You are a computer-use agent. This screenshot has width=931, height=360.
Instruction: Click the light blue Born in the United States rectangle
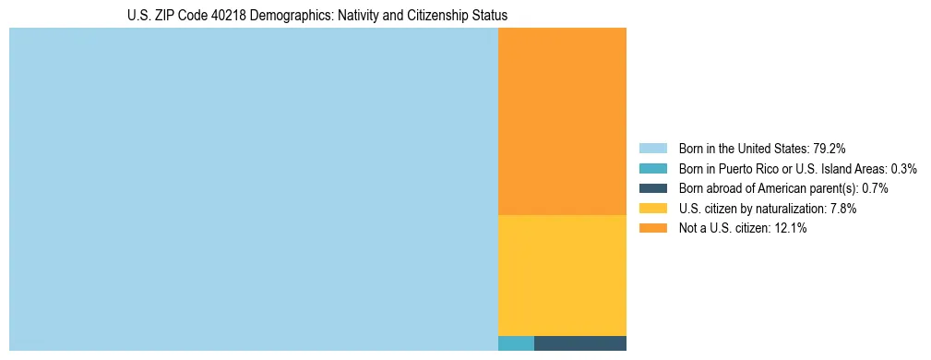click(x=254, y=189)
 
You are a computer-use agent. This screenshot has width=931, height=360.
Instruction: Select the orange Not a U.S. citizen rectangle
click(x=562, y=121)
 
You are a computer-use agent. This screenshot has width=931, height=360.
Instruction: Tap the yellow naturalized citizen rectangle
click(x=562, y=275)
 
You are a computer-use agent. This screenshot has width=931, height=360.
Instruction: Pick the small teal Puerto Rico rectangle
click(x=516, y=343)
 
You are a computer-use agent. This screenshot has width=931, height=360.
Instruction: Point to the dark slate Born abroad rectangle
click(x=580, y=343)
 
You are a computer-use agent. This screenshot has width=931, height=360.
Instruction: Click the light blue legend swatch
click(x=652, y=149)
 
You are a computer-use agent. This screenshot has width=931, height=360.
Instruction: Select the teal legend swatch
click(x=652, y=169)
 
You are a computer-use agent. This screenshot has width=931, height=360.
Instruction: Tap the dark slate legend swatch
click(x=652, y=188)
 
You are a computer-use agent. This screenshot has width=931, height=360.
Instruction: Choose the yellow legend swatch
click(x=652, y=209)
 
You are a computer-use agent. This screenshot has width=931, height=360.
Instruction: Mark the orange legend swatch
click(x=652, y=229)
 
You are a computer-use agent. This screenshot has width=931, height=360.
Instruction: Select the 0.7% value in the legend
click(x=875, y=188)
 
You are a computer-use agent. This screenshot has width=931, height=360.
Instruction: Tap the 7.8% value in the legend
click(x=842, y=209)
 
